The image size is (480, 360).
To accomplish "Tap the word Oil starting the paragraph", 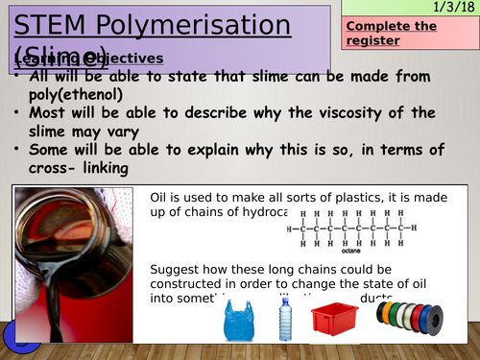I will click(x=162, y=197).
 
